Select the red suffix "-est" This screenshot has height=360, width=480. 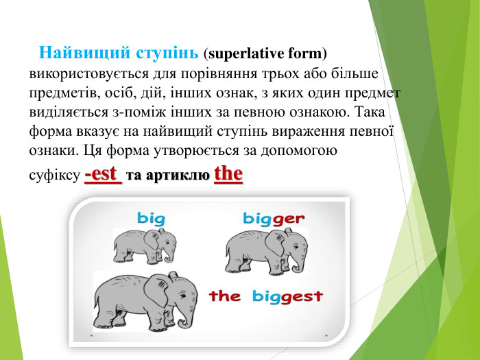click(x=103, y=174)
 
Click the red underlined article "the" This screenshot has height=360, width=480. click(x=228, y=173)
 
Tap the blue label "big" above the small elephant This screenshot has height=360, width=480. click(x=152, y=219)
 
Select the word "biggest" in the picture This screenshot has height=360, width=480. click(x=287, y=296)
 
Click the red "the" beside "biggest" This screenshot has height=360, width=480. click(x=225, y=296)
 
